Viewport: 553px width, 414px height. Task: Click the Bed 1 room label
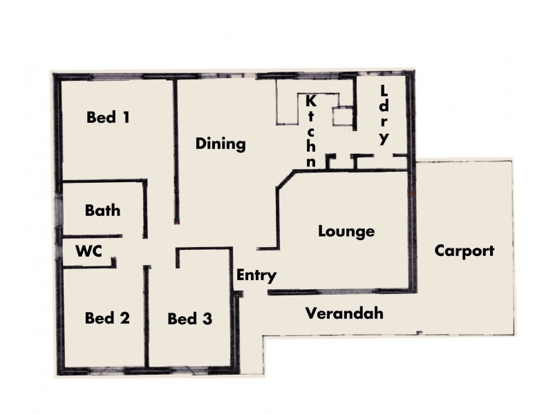(x=107, y=117)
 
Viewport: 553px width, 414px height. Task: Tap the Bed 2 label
(x=107, y=318)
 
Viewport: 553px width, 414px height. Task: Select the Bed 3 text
(x=189, y=319)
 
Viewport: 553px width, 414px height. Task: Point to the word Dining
(x=221, y=144)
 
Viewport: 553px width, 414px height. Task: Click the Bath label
(x=102, y=210)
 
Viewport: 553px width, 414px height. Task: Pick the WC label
(x=89, y=251)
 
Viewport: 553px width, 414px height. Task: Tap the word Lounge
(x=346, y=231)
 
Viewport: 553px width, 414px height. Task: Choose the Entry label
(x=256, y=275)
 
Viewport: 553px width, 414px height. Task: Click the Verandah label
(x=344, y=314)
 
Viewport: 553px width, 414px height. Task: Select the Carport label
(x=464, y=250)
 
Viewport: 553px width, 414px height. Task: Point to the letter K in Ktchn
(x=311, y=101)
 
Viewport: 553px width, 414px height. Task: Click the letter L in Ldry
(x=384, y=90)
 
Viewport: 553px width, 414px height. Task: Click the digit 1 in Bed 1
(x=126, y=117)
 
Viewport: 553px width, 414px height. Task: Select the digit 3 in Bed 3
(x=207, y=319)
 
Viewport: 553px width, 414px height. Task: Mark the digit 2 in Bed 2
(x=125, y=318)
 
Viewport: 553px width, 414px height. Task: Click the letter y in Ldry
(x=384, y=138)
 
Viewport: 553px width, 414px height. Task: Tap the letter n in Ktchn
(x=312, y=163)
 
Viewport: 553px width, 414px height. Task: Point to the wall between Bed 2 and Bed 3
(x=147, y=317)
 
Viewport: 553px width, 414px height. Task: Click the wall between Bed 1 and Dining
(x=176, y=152)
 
